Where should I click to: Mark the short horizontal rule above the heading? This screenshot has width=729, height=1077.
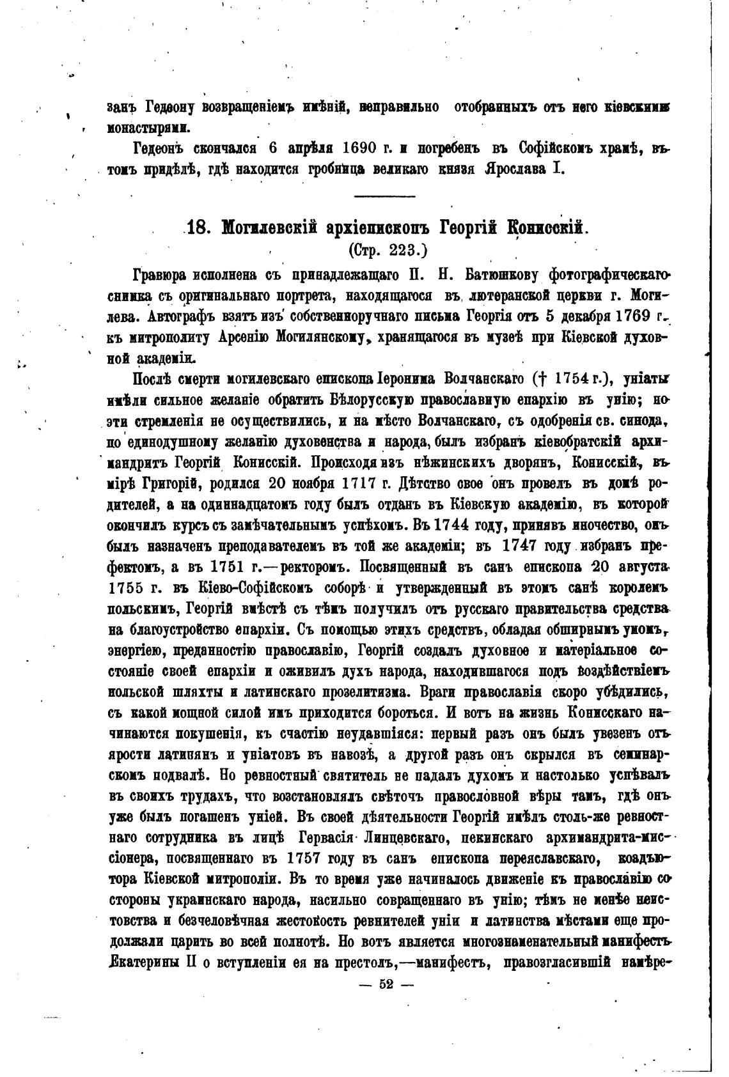tap(384, 196)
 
